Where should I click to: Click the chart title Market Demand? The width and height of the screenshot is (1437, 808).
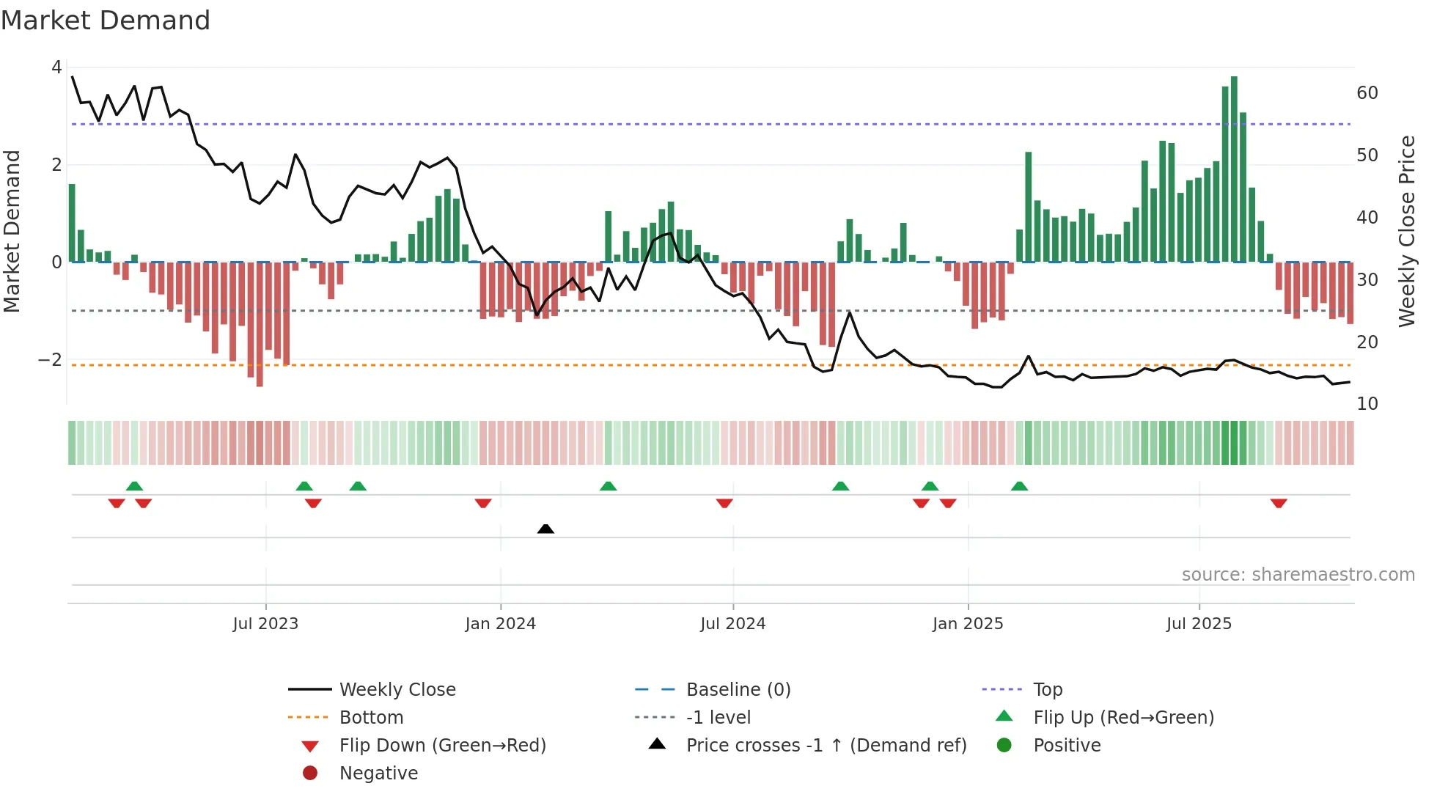coord(106,21)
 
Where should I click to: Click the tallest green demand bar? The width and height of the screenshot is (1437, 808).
coord(1234,169)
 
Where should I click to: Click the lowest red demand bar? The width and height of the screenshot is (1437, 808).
coord(260,324)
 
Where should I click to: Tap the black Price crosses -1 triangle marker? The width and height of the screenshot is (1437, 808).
coord(545,529)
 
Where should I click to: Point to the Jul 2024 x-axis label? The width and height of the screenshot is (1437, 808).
coord(732,624)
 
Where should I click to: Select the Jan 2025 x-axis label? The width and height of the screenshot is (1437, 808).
coord(968,624)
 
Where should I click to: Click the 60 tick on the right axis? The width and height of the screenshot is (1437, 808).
coord(1367,93)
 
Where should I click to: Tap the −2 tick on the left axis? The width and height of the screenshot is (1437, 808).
coord(50,360)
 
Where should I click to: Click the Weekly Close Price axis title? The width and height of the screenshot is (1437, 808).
coord(1406,231)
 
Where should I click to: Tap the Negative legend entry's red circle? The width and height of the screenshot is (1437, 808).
coord(310,774)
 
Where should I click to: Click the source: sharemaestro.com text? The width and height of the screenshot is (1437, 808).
coord(1298,575)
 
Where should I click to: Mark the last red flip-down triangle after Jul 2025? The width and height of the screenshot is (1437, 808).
coord(1279,503)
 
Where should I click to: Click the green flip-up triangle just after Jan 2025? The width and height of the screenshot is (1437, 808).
coord(1019,486)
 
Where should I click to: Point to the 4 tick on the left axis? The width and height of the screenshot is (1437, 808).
coord(56,67)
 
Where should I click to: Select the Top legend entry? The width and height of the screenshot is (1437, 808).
coord(1048,690)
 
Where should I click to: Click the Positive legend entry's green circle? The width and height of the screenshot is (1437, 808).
coord(1004,746)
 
